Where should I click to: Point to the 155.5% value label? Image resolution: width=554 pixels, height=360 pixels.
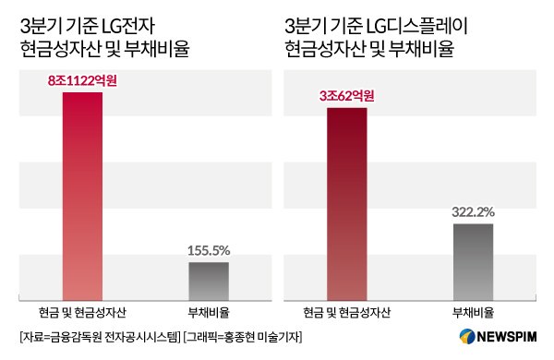(x=209, y=250)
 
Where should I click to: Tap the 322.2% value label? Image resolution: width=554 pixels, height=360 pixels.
(x=473, y=212)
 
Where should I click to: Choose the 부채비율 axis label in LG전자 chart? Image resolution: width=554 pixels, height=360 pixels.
(x=209, y=311)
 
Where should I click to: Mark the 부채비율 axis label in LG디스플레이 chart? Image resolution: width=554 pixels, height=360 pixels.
(x=473, y=311)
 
